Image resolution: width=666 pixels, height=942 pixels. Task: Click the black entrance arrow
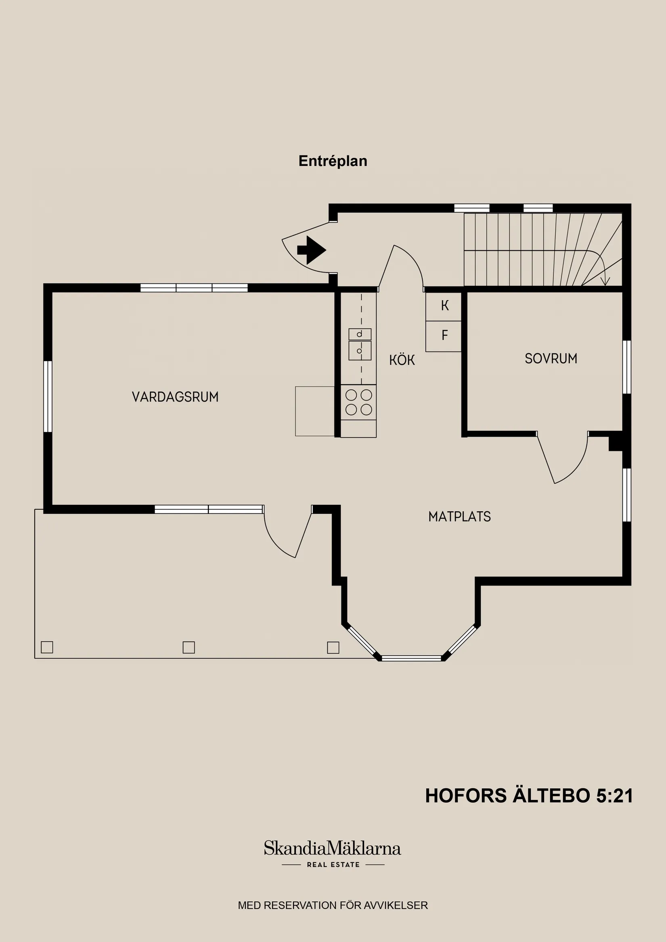click(x=312, y=250)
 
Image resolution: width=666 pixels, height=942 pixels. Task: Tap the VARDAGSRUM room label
click(x=175, y=397)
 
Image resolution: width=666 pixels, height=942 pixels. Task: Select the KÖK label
click(x=402, y=360)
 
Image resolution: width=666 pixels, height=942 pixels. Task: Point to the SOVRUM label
click(x=551, y=358)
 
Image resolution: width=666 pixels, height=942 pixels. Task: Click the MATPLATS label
click(x=459, y=517)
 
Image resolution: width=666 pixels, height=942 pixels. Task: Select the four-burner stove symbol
click(x=359, y=402)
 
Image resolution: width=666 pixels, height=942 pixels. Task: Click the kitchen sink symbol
click(x=360, y=345)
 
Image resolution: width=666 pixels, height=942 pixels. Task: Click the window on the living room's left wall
click(x=48, y=396)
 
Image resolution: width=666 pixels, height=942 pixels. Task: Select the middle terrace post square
click(x=188, y=647)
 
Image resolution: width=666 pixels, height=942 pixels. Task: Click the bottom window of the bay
click(x=411, y=658)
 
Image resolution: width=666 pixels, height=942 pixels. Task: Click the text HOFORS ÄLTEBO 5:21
click(x=528, y=795)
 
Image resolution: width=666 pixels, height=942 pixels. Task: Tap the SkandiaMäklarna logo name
click(x=332, y=848)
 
